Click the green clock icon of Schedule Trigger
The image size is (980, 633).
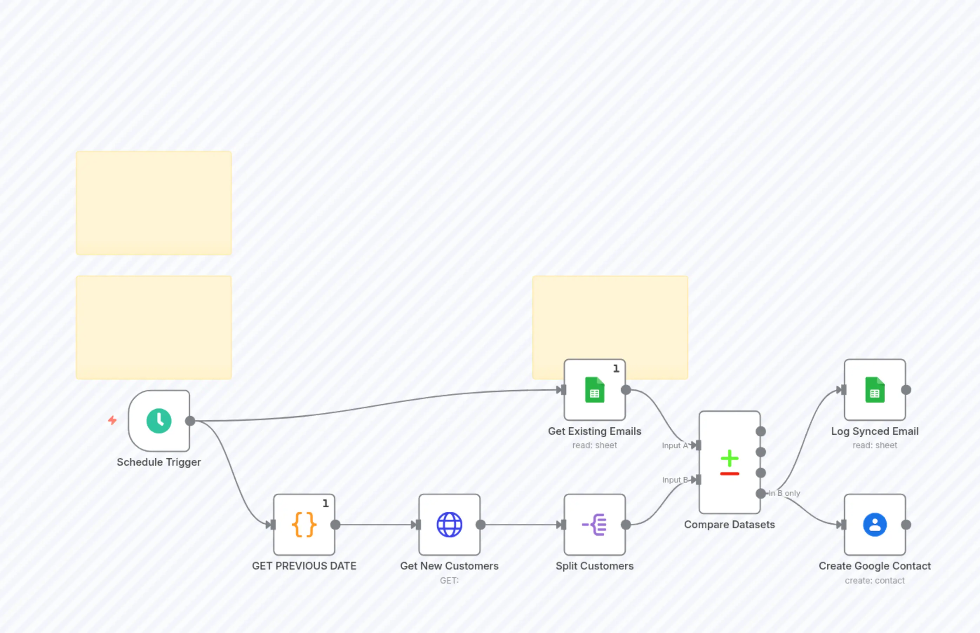(x=159, y=420)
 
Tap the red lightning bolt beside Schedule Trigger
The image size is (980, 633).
(x=112, y=420)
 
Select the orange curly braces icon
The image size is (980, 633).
(x=304, y=525)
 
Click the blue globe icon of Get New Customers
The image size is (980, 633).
(x=449, y=525)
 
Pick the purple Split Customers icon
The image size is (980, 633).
(x=595, y=525)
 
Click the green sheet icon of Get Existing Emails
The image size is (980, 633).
(x=595, y=390)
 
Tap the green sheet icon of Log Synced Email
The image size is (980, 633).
(x=875, y=390)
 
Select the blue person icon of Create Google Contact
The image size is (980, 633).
(x=875, y=525)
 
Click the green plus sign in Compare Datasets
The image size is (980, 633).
(x=730, y=458)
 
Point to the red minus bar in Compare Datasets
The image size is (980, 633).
(x=730, y=474)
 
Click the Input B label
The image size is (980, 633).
(x=674, y=480)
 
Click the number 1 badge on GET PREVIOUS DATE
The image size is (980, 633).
(x=325, y=504)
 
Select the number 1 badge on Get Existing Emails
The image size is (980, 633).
(x=616, y=369)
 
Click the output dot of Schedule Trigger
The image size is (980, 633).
(x=190, y=421)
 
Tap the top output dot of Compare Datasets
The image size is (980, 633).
(x=761, y=431)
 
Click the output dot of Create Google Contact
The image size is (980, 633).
(x=906, y=525)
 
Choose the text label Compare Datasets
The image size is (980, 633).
(x=729, y=525)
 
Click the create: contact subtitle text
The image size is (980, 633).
(x=875, y=580)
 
